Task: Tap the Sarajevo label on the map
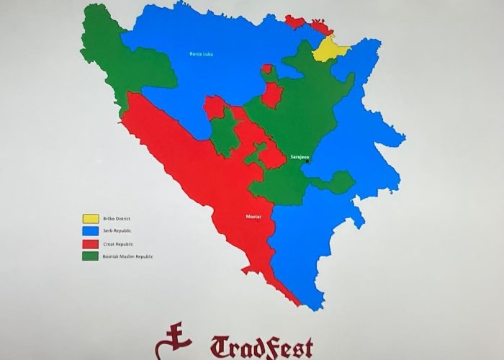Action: tap(299, 156)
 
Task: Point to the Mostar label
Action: tap(253, 215)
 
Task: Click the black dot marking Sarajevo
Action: tap(307, 162)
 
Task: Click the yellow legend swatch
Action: tap(91, 217)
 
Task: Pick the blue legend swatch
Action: tap(91, 230)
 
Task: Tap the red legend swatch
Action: tap(91, 243)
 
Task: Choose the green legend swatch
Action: tap(91, 257)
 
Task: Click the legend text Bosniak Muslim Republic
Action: tap(130, 257)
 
